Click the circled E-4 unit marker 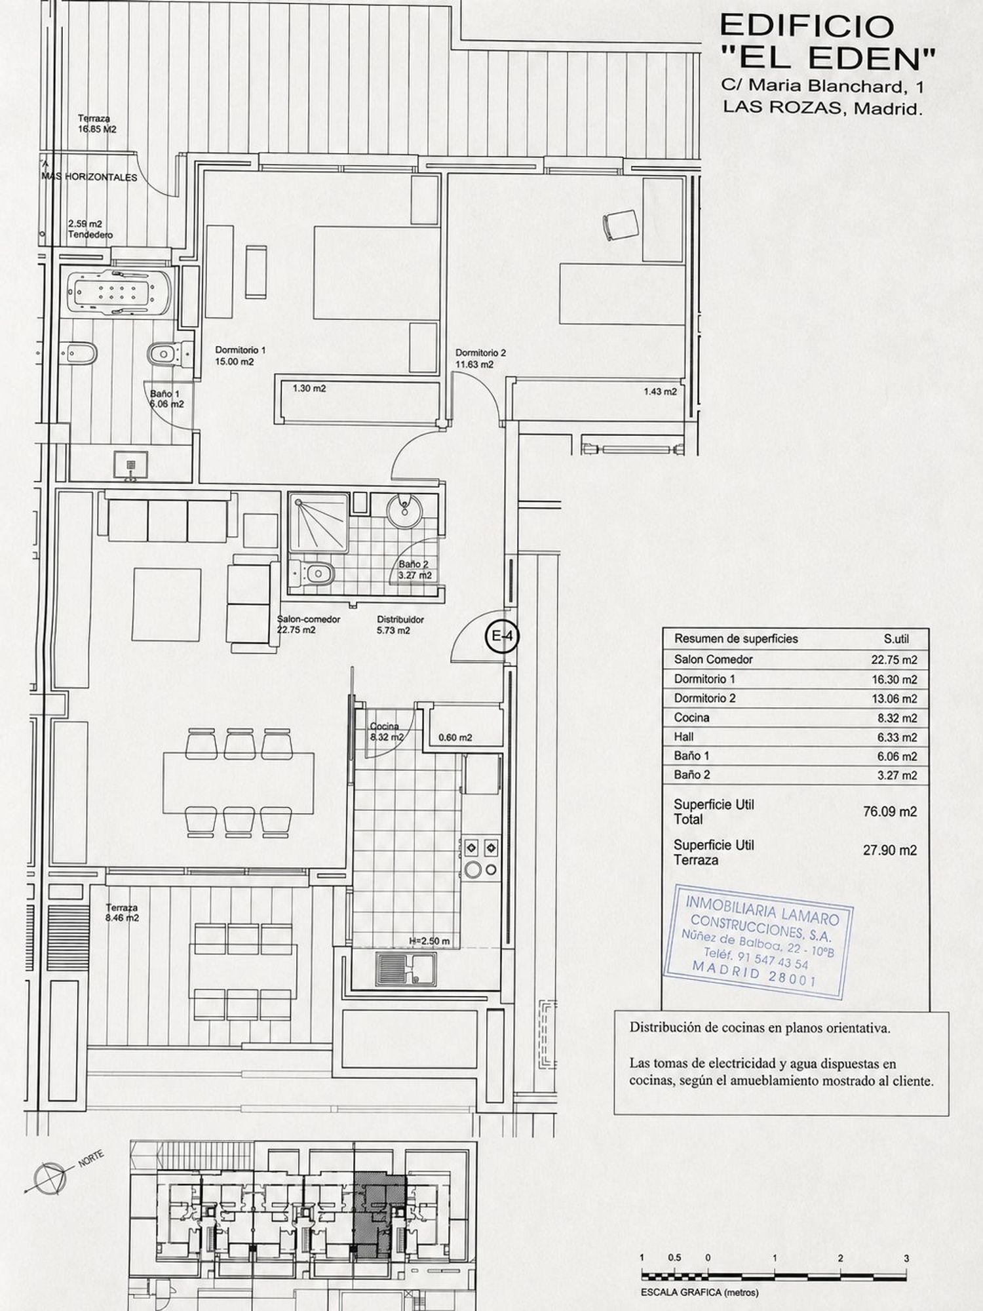tap(502, 635)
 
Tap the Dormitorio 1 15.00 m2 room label tap(240, 356)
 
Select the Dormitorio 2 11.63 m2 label tap(480, 359)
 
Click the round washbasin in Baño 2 tap(402, 510)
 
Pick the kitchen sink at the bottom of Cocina tap(406, 969)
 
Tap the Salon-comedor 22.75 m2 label tap(308, 625)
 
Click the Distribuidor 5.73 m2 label tap(400, 625)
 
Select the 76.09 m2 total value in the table tap(890, 812)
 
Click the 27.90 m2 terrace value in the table tap(890, 850)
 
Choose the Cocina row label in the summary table tap(691, 718)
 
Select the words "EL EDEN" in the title tap(828, 59)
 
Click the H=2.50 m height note tap(429, 941)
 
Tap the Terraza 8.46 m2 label tap(123, 912)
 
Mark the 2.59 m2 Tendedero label tap(90, 229)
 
